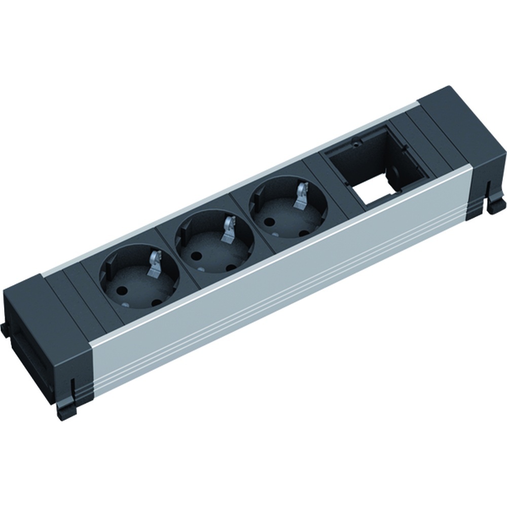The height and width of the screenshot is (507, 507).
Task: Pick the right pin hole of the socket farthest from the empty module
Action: (x=156, y=303)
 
